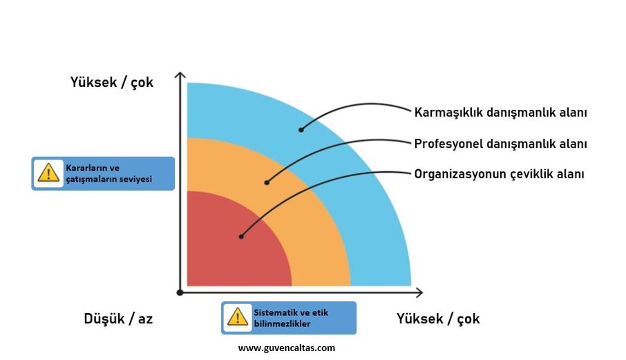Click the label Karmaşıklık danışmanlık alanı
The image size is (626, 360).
coord(501,112)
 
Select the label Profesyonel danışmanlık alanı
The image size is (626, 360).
coord(501,144)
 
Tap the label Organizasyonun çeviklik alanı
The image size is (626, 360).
coord(499,174)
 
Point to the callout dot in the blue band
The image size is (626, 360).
coord(301,130)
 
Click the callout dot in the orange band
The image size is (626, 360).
coord(267,182)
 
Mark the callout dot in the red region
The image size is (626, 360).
coord(241,236)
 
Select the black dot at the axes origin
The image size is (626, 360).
coord(180,292)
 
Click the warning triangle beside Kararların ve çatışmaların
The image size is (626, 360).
coord(48,173)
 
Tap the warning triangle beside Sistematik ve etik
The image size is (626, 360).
coord(238,317)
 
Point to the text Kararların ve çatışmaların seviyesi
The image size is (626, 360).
coord(108,173)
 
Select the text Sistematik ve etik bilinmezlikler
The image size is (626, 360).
coord(291,318)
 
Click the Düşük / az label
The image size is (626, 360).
coord(118,319)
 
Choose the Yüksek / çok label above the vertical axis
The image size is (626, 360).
coord(112,82)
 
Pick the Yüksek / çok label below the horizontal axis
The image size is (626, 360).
coord(438,319)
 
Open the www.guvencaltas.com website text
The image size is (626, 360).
coord(287,348)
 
